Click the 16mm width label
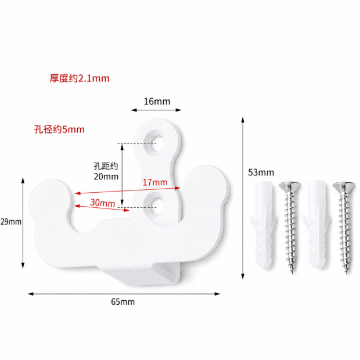coord(157,101)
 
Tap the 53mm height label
coord(261,172)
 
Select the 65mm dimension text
coord(123,301)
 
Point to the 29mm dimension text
coord(11,222)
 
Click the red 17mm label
coord(155,182)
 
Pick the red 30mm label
coord(102,203)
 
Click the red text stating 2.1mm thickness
coord(80,78)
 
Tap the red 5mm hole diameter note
coord(59,129)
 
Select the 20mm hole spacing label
coord(106,171)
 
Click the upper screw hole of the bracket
coord(157,143)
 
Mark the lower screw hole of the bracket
coord(157,206)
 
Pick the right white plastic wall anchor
coord(317,224)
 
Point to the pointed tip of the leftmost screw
coord(292,273)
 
